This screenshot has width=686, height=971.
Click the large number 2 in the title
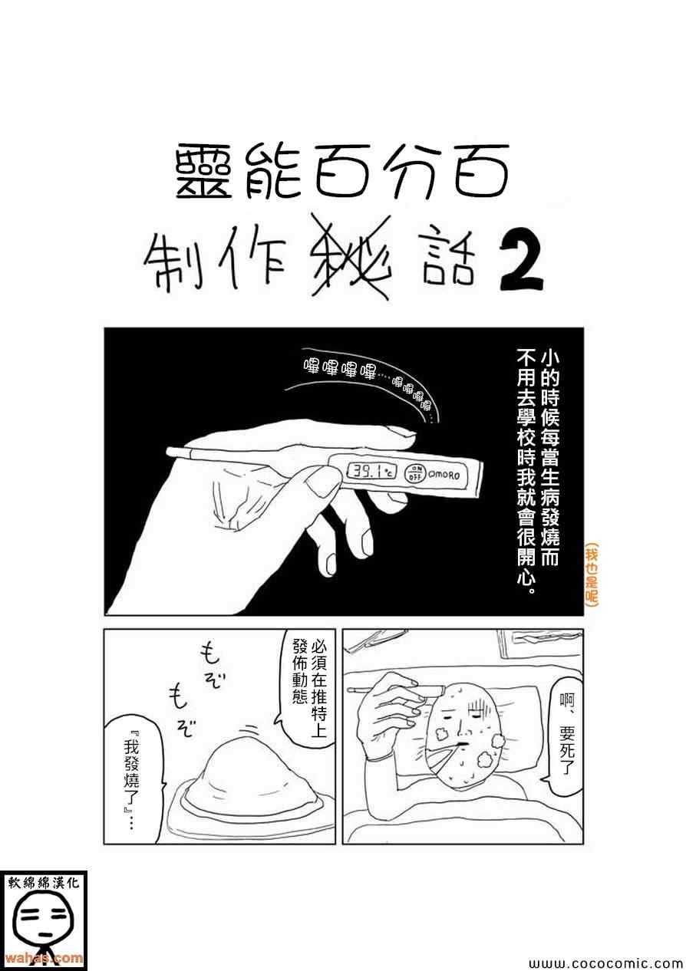coord(522,265)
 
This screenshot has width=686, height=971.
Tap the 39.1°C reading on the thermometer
coord(372,472)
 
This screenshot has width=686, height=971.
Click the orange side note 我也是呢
coord(592,573)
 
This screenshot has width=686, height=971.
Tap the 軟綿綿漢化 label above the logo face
coord(44,883)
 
